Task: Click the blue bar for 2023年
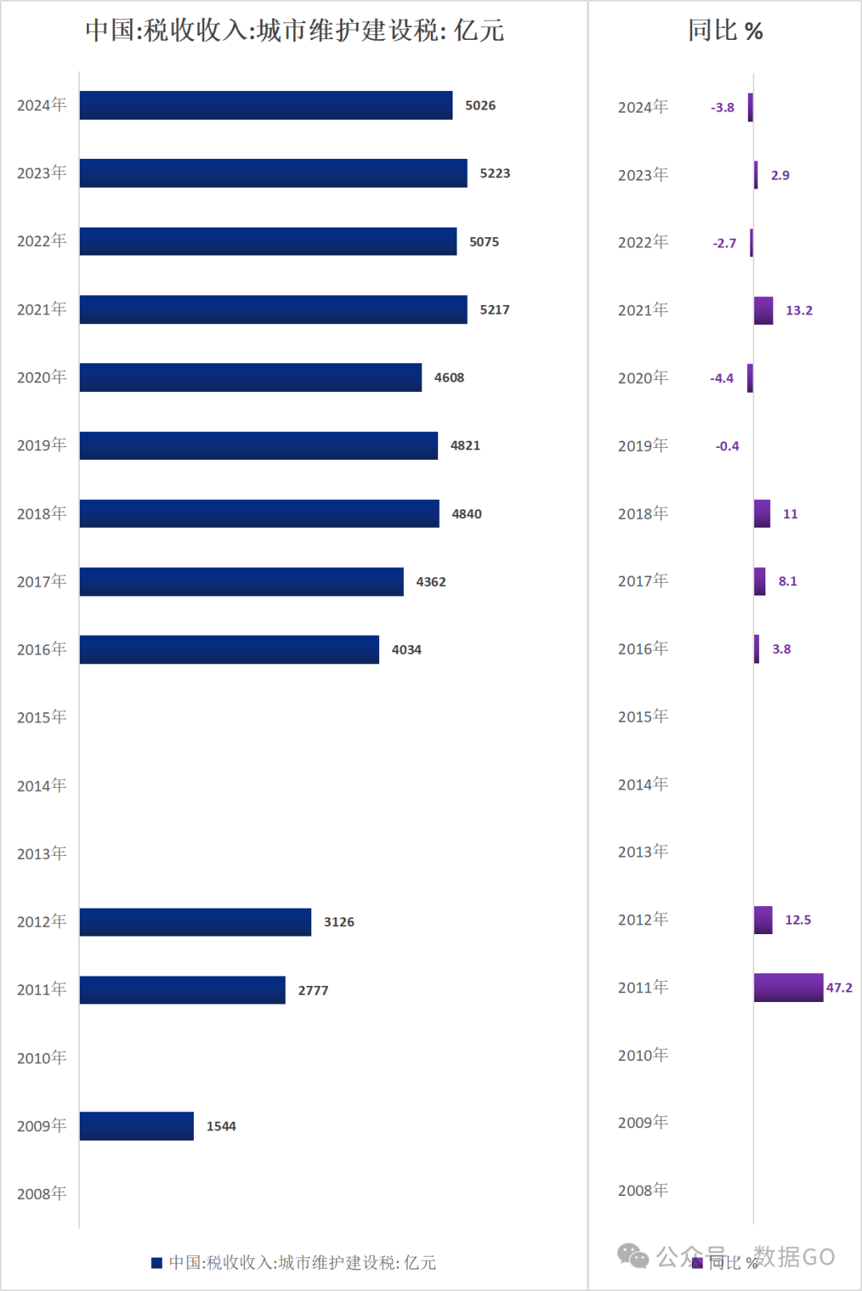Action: click(x=273, y=173)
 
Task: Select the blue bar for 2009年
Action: click(x=136, y=1126)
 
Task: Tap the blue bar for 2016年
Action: click(x=229, y=649)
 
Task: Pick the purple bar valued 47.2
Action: click(x=789, y=988)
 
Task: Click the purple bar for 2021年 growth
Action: click(x=764, y=311)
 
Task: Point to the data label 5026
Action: click(x=480, y=105)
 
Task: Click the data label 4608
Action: click(x=449, y=378)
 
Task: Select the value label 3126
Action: click(x=339, y=922)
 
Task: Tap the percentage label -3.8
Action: click(x=722, y=108)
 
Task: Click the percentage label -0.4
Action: click(x=727, y=446)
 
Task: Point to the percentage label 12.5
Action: click(x=798, y=920)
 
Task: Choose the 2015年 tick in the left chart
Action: click(x=42, y=717)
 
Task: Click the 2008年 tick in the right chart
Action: click(x=643, y=1190)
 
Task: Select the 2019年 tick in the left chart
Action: click(x=42, y=446)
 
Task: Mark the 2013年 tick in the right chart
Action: click(x=643, y=852)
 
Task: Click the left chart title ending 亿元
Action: click(x=295, y=30)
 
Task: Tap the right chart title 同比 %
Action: click(x=726, y=30)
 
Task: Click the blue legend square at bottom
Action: click(x=156, y=1262)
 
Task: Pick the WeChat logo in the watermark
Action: click(x=633, y=1256)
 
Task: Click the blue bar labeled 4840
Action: click(x=259, y=513)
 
